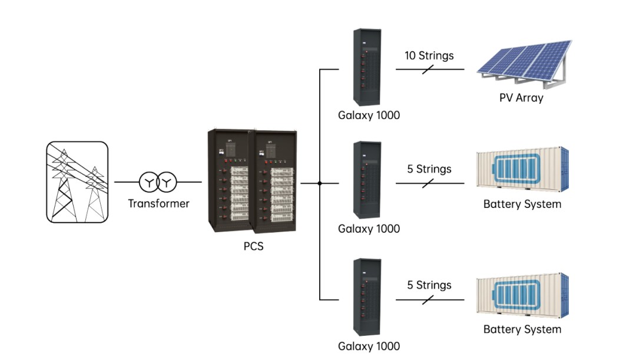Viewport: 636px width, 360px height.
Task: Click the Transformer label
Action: point(158,203)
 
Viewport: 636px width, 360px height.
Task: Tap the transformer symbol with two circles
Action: point(158,182)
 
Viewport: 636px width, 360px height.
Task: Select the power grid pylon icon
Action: point(77,182)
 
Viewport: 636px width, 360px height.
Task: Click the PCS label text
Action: point(253,246)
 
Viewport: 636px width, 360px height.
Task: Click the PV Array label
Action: point(521,98)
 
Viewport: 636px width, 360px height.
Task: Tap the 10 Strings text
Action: point(429,55)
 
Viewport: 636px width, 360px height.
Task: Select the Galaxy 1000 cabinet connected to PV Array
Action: point(367,67)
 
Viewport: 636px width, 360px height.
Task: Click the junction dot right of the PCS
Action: point(320,183)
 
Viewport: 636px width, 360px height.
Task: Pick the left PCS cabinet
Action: point(230,181)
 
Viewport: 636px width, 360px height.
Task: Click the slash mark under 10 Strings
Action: point(428,70)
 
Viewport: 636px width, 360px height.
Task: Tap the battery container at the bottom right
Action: point(522,295)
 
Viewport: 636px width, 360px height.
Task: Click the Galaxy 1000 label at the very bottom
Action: point(369,346)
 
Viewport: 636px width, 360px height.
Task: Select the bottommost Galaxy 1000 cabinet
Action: point(367,297)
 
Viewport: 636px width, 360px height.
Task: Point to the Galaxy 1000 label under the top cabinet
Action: point(369,115)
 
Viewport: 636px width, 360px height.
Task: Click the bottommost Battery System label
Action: point(522,329)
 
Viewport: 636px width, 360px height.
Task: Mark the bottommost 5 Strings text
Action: point(429,285)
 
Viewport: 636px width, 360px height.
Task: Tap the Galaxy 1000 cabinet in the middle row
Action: point(367,180)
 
